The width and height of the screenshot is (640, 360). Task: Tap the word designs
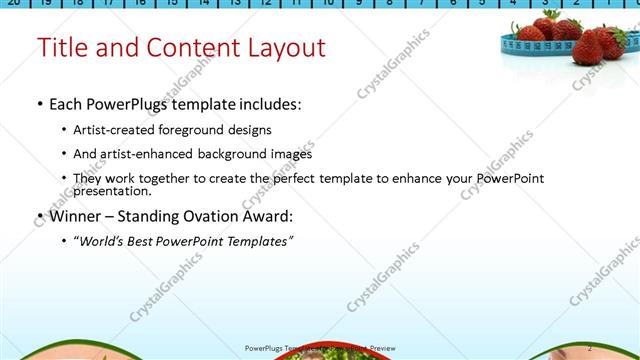[x=246, y=130]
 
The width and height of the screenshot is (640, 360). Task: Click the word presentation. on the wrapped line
[x=112, y=190]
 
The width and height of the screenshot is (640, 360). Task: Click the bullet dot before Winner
[x=39, y=217]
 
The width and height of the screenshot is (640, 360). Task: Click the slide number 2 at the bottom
[x=590, y=346]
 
